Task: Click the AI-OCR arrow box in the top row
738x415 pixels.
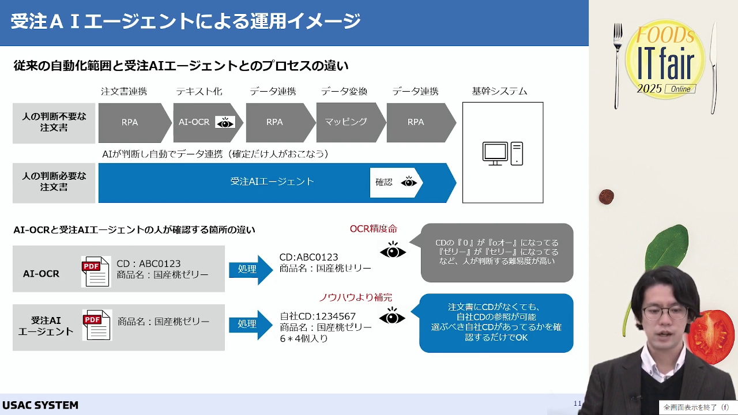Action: pos(208,123)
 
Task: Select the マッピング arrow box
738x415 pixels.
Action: pos(351,122)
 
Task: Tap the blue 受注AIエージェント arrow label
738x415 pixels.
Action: pos(272,182)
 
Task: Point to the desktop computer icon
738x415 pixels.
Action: pos(502,153)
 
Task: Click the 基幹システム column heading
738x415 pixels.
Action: pos(499,91)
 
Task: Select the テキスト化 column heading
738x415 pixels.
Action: pos(199,91)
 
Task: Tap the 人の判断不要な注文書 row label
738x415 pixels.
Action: pos(54,122)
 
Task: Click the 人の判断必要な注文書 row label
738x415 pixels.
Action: pos(54,182)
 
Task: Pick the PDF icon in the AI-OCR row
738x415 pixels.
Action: pos(96,271)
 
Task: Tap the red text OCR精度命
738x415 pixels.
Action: pos(373,229)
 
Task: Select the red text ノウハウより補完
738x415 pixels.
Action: pos(356,297)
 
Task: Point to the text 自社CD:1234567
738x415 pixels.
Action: pos(318,316)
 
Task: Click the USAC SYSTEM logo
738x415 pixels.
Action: pos(40,405)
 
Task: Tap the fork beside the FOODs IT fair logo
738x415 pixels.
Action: pos(617,66)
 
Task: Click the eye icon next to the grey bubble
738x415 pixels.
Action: pos(393,250)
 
